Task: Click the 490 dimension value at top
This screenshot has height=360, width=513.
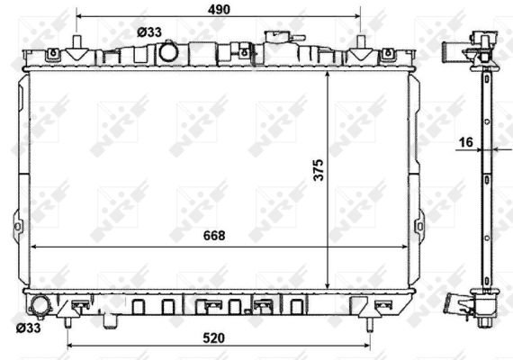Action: click(x=219, y=10)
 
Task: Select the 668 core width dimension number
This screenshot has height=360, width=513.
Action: click(x=214, y=236)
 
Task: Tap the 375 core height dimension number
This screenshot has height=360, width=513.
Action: click(x=318, y=170)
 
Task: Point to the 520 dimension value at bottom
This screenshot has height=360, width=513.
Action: click(x=214, y=338)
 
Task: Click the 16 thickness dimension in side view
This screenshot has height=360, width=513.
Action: click(x=466, y=142)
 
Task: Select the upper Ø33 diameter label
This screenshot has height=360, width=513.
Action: click(x=149, y=32)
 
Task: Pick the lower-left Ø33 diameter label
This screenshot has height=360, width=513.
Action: click(x=29, y=328)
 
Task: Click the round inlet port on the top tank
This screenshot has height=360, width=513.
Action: click(x=168, y=52)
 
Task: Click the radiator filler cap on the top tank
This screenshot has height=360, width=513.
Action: click(x=278, y=36)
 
